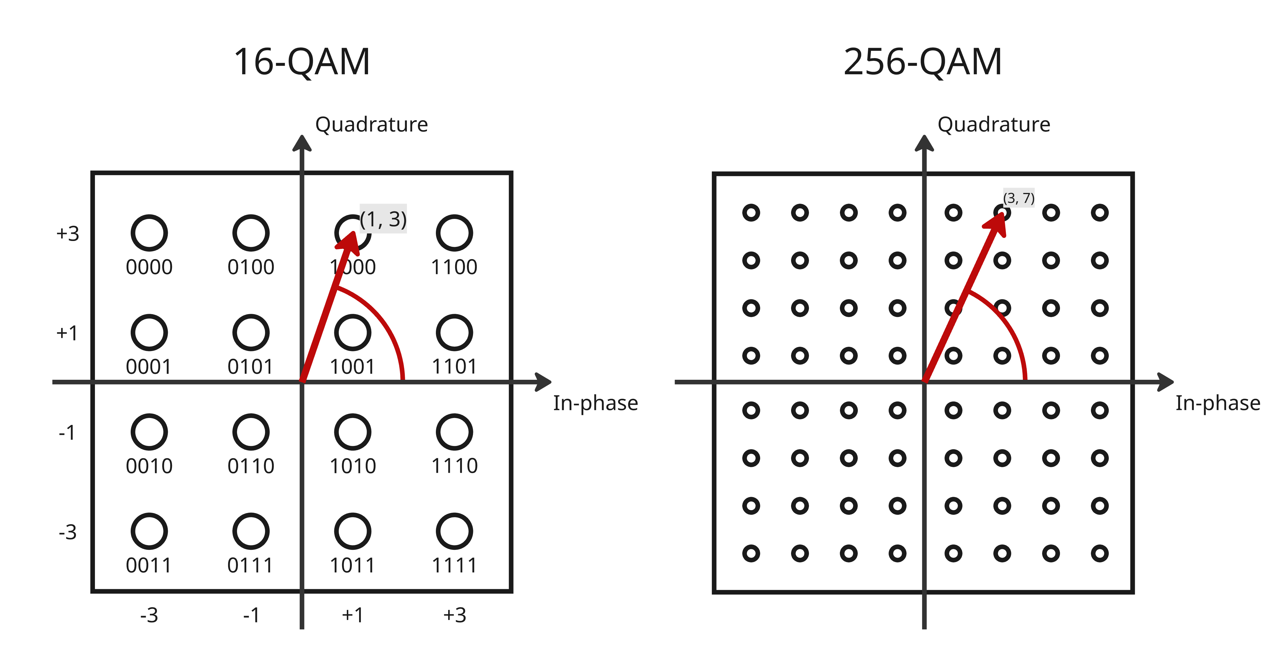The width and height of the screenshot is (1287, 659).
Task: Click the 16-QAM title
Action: pyautogui.click(x=302, y=62)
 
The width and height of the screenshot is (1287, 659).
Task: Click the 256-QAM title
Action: pyautogui.click(x=922, y=62)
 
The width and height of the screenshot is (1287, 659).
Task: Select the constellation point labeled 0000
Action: pyautogui.click(x=149, y=233)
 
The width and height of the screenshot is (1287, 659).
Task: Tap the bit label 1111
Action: pyautogui.click(x=454, y=565)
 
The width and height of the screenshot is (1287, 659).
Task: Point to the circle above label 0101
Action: pyautogui.click(x=251, y=332)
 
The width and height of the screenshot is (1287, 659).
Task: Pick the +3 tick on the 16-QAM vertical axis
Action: pyautogui.click(x=68, y=233)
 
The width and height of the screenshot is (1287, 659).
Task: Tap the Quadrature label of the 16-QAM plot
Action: pyautogui.click(x=371, y=125)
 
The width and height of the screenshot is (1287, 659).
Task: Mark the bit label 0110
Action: pyautogui.click(x=251, y=466)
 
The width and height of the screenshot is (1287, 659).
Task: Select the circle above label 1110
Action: pyautogui.click(x=454, y=432)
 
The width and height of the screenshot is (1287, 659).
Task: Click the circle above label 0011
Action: pyautogui.click(x=149, y=531)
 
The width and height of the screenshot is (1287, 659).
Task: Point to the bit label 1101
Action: pyautogui.click(x=454, y=367)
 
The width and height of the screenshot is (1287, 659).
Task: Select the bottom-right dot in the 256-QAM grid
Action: pyautogui.click(x=1100, y=553)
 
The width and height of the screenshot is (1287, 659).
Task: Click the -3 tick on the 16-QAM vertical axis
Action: pyautogui.click(x=68, y=532)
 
